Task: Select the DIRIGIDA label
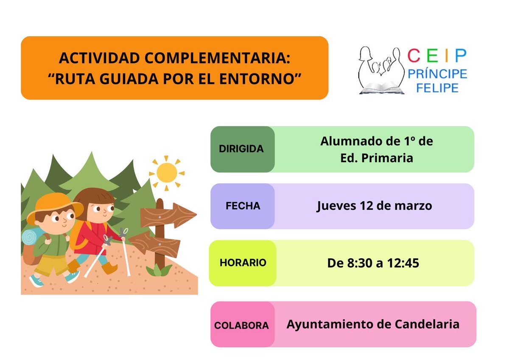[241, 149]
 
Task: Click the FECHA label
[243, 206]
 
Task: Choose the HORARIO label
[243, 263]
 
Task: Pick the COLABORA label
[241, 326]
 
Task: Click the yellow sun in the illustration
[166, 172]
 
